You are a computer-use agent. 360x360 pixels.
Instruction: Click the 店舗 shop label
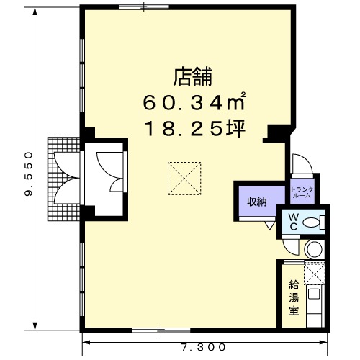tap(193, 77)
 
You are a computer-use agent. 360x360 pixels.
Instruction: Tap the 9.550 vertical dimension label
tap(29, 174)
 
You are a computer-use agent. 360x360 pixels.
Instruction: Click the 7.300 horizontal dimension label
tap(203, 347)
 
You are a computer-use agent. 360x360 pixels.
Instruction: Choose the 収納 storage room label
tap(257, 202)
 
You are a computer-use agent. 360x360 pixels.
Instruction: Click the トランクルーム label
tap(302, 192)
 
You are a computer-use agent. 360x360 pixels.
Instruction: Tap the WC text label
tap(293, 222)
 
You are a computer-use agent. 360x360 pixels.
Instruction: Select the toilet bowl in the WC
tap(313, 222)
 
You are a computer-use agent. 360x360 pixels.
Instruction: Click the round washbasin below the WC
tap(315, 249)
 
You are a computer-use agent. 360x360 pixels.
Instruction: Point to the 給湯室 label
tap(294, 298)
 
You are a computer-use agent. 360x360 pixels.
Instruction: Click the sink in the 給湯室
tap(314, 294)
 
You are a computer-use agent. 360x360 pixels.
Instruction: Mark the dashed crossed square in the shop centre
tap(184, 179)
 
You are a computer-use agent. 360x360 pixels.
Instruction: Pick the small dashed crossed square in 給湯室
tap(315, 273)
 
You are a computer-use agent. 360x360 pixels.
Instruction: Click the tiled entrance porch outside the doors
tap(63, 179)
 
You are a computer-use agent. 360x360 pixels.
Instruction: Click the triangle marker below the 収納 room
tap(270, 225)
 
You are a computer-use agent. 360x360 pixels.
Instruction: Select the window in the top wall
tap(144, 6)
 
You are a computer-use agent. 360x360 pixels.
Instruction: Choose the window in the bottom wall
tap(161, 330)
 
